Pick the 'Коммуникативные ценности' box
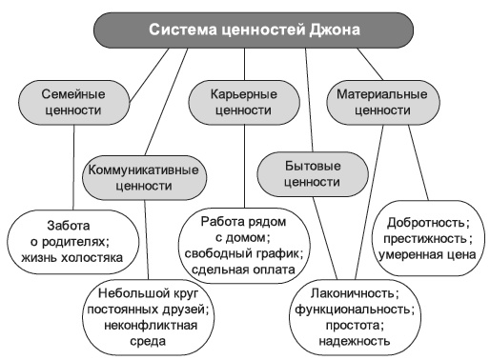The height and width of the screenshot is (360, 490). click(x=143, y=178)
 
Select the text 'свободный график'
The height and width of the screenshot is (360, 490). click(x=243, y=252)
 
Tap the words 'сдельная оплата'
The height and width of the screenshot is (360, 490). click(x=243, y=269)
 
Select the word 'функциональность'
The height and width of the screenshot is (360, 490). click(x=355, y=310)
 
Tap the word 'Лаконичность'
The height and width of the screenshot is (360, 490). click(x=355, y=294)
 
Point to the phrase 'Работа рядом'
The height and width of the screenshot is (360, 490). click(x=243, y=220)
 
